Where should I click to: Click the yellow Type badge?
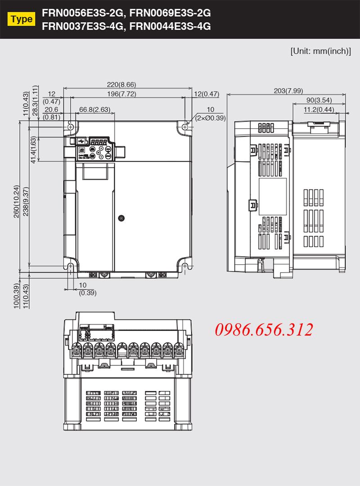click(x=21, y=19)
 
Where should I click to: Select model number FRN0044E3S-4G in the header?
click(x=170, y=26)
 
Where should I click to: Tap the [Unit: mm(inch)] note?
click(x=321, y=51)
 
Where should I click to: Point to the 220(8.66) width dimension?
click(x=121, y=85)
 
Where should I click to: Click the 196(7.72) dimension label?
click(x=121, y=94)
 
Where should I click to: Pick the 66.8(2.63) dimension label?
click(x=94, y=109)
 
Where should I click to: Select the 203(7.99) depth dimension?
click(x=288, y=91)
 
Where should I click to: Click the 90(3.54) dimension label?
click(x=319, y=100)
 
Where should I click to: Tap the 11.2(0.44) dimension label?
click(x=319, y=109)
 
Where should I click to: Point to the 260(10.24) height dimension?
click(x=16, y=201)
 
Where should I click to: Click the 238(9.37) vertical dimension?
click(x=26, y=201)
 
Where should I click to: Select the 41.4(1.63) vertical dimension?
click(x=33, y=150)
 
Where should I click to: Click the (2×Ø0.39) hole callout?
click(x=211, y=118)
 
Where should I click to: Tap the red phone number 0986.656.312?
click(x=264, y=329)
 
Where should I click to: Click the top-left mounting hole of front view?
click(x=71, y=127)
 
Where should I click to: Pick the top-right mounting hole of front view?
click(x=185, y=127)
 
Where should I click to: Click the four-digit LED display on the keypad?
click(x=99, y=142)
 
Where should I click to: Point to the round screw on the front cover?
click(x=121, y=218)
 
